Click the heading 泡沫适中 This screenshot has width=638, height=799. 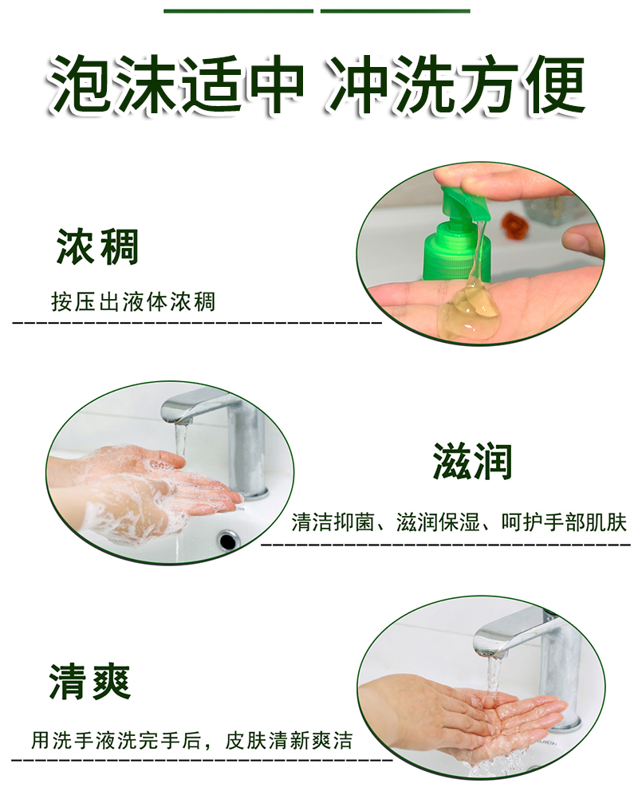coord(176,85)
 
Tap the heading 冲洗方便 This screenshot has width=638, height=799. coord(455,85)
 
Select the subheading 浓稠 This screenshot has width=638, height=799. coord(97,246)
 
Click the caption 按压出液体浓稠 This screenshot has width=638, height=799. coord(133,301)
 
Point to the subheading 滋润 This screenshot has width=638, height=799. coord(472,461)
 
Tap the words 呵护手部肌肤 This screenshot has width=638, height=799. coord(564,522)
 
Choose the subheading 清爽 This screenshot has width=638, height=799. coord(89,681)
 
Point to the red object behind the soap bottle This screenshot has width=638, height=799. coord(512,225)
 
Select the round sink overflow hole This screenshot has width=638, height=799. coord(227,539)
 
